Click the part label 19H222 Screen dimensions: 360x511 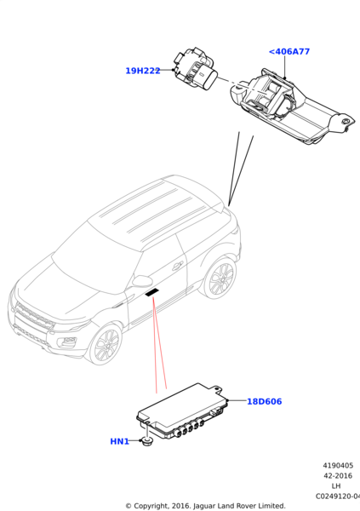coord(143,71)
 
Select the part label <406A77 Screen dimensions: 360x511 coord(289,51)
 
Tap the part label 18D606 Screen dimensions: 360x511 coord(264,401)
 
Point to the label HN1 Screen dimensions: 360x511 coord(119,441)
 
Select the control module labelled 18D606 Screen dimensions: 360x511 coord(182,411)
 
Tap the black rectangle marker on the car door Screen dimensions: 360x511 coord(151,292)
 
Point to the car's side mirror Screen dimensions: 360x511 coord(142,281)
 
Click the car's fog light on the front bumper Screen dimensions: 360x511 coord(68,342)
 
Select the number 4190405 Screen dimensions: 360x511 coord(338,465)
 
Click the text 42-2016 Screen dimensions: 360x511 coord(338,476)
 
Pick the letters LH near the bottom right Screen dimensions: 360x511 coord(336,486)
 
